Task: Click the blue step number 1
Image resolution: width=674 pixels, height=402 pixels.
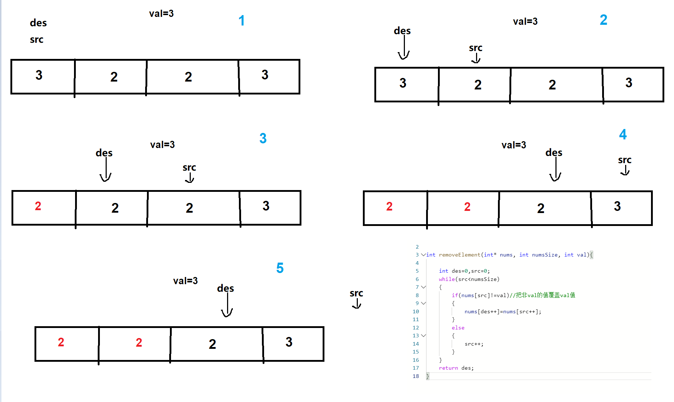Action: tap(241, 21)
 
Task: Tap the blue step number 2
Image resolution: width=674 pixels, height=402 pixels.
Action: tap(604, 20)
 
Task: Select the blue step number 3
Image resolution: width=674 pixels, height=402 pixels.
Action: tap(263, 138)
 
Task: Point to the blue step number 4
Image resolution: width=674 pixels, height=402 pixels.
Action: tap(623, 135)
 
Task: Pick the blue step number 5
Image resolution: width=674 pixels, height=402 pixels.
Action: tap(280, 268)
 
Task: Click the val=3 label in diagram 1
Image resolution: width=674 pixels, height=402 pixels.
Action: tap(161, 14)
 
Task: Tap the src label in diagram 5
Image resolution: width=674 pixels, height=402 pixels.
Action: tap(356, 294)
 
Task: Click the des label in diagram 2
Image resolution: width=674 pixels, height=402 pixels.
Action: tap(402, 31)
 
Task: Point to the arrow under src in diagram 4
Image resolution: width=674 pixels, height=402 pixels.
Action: tap(625, 170)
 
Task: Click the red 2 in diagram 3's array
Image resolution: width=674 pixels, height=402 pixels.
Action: tap(38, 206)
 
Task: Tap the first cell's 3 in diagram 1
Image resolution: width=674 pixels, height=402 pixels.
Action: tap(39, 75)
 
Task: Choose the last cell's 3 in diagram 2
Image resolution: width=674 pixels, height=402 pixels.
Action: tap(629, 83)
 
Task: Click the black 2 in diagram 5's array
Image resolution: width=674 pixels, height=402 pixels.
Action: tap(212, 344)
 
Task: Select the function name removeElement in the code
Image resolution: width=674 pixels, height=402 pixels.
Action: tap(460, 255)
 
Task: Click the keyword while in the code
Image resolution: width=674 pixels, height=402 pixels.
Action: tap(447, 279)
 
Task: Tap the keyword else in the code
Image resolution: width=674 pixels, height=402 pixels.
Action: tap(458, 328)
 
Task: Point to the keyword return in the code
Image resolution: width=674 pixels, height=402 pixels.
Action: tap(448, 368)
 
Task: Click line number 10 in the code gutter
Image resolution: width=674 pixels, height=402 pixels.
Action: tap(416, 311)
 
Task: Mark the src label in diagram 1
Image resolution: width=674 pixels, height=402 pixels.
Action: tap(37, 40)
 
